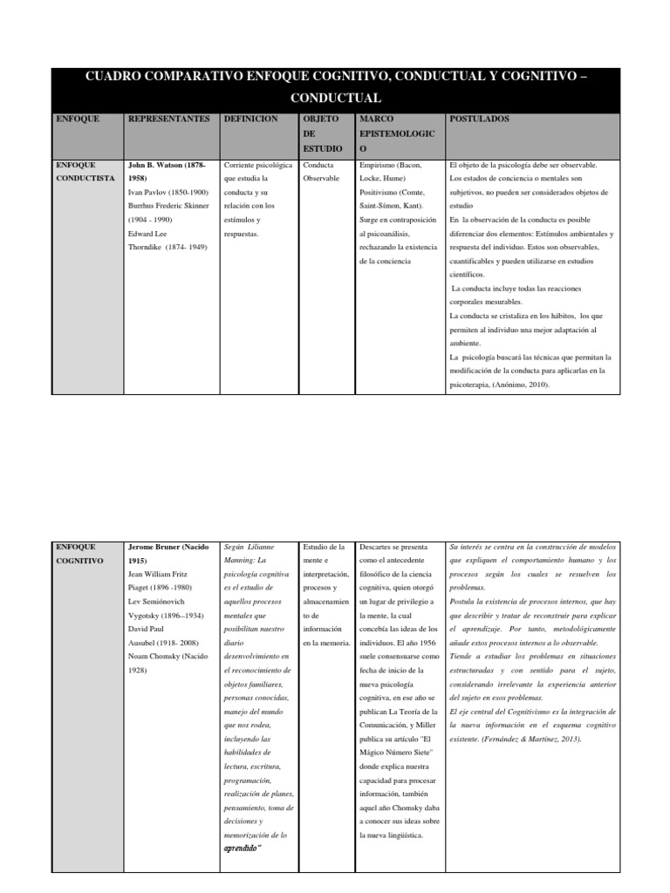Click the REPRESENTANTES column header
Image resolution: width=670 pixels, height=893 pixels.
point(169,119)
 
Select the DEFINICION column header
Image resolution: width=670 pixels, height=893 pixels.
point(250,119)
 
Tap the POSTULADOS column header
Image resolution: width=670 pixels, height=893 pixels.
point(479,119)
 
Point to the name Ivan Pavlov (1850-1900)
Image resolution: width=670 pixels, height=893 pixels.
point(168,192)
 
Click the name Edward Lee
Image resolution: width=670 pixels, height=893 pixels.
point(149,234)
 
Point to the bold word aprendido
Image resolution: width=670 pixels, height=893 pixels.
point(243,847)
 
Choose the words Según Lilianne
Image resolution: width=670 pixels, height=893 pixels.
point(250,547)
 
